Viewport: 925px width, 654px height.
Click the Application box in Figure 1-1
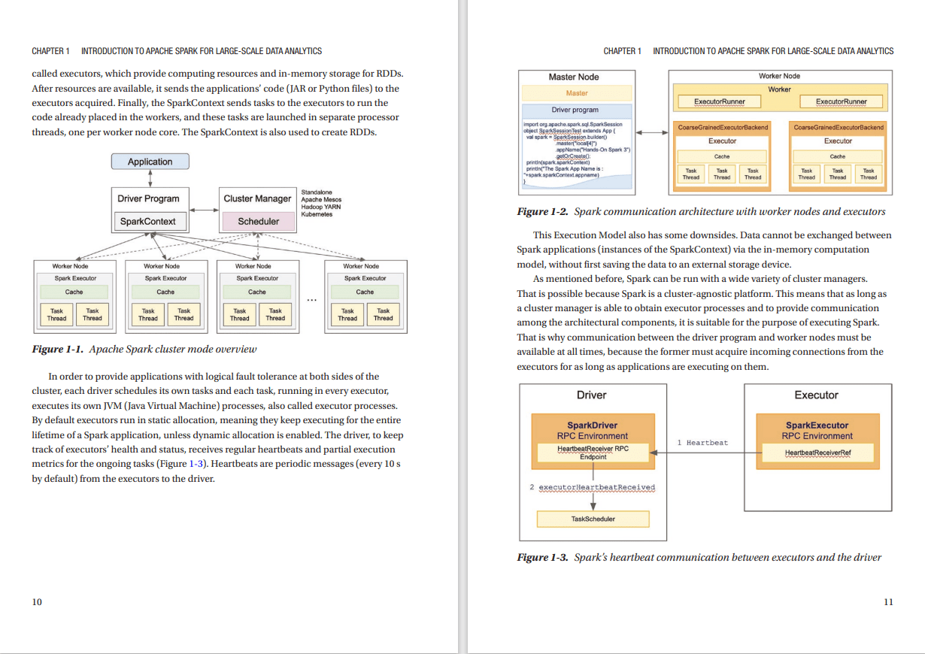(x=150, y=162)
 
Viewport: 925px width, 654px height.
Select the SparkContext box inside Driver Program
(x=148, y=222)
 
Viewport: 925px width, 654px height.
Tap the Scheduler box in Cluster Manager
(x=258, y=222)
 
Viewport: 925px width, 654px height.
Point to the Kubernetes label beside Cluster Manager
(x=316, y=214)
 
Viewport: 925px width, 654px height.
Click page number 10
(x=37, y=601)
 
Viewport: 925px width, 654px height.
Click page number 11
(x=888, y=601)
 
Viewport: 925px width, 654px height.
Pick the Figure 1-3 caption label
(x=542, y=557)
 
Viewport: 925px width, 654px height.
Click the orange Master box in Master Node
(x=577, y=93)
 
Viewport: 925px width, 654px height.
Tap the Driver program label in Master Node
(x=575, y=110)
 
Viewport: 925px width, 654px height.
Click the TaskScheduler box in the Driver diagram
(x=593, y=519)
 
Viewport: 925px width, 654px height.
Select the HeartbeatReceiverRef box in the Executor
(x=817, y=453)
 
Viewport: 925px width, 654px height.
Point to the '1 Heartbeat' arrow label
(x=702, y=443)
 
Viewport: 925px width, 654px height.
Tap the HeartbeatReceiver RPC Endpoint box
(x=593, y=453)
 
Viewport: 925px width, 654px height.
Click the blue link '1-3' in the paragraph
(x=196, y=464)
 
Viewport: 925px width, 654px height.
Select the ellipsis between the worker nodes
(x=311, y=301)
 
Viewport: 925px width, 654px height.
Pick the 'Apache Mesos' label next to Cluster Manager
(x=321, y=200)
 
